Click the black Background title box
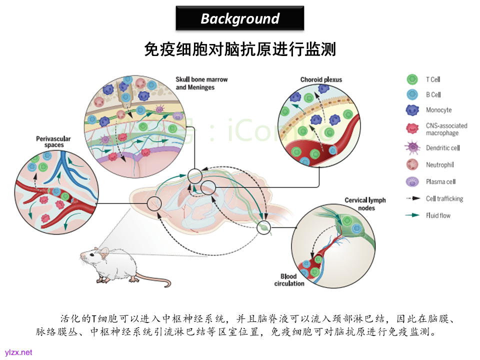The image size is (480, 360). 240,18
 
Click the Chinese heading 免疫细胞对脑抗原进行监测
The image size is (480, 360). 240,49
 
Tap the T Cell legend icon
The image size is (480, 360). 412,79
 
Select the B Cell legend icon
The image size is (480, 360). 412,94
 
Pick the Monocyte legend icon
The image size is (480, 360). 412,110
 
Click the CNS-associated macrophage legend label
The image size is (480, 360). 446,129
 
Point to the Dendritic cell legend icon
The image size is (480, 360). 412,147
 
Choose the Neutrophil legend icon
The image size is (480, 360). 412,164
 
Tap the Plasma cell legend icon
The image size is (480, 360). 412,181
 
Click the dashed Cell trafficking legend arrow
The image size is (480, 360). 412,198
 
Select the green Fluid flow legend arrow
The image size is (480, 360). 412,215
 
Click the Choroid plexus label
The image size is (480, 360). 321,79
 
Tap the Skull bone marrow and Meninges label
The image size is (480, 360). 196,83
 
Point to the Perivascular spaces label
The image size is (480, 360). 53,141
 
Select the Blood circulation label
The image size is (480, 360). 289,280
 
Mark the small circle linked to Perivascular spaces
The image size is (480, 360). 154,203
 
